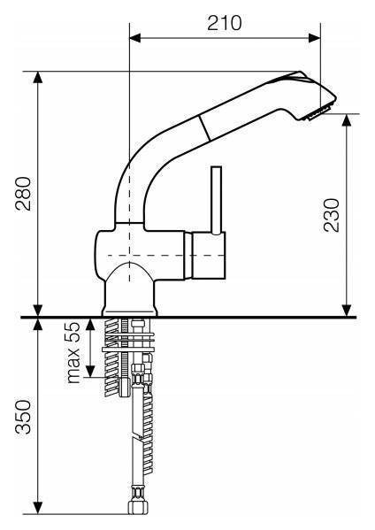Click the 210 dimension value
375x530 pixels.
(225, 23)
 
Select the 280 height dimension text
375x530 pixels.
(23, 194)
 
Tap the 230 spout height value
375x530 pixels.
(331, 215)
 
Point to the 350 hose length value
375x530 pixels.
(23, 417)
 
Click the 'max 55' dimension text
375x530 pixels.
(73, 352)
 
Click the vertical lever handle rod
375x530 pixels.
(216, 200)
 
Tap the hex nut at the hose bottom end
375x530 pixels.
(138, 507)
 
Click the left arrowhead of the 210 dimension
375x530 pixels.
(134, 38)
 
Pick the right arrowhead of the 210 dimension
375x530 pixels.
(315, 38)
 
